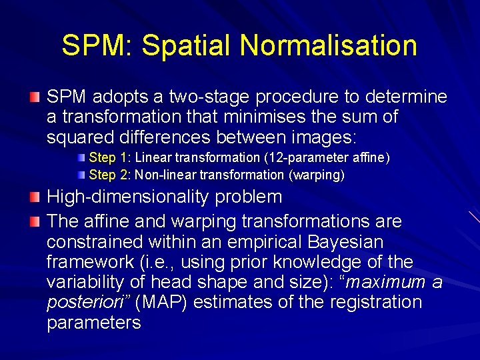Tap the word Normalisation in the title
click(329, 46)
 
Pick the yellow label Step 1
click(110, 158)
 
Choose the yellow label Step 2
click(110, 175)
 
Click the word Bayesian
click(341, 241)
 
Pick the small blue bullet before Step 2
click(81, 175)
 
